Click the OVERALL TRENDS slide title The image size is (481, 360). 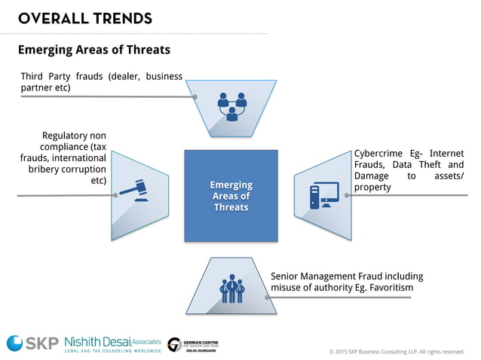click(84, 18)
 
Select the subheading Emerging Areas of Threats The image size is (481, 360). click(93, 50)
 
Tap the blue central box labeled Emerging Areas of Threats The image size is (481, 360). click(231, 196)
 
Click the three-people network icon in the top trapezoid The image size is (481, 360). click(231, 105)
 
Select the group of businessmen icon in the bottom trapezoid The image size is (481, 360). click(231, 288)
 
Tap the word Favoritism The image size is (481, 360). click(387, 288)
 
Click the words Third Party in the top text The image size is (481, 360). click(46, 76)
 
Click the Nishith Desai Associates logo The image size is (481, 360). click(112, 343)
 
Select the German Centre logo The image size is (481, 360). click(194, 344)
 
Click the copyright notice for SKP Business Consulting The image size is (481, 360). click(397, 351)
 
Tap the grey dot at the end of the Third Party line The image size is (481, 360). click(195, 96)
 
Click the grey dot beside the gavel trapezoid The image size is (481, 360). click(115, 195)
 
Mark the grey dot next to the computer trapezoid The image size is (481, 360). click(347, 195)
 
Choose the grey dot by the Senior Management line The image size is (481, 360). click(267, 297)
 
